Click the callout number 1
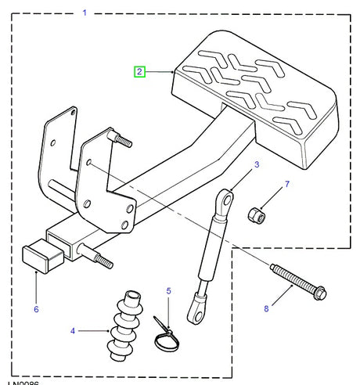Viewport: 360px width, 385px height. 85,13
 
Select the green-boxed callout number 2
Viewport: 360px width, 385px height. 139,72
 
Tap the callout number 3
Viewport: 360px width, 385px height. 255,165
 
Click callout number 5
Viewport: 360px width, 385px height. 167,292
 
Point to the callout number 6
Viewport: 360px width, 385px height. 35,309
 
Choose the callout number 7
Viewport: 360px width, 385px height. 286,185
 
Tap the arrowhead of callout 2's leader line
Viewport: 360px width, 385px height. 173,72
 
